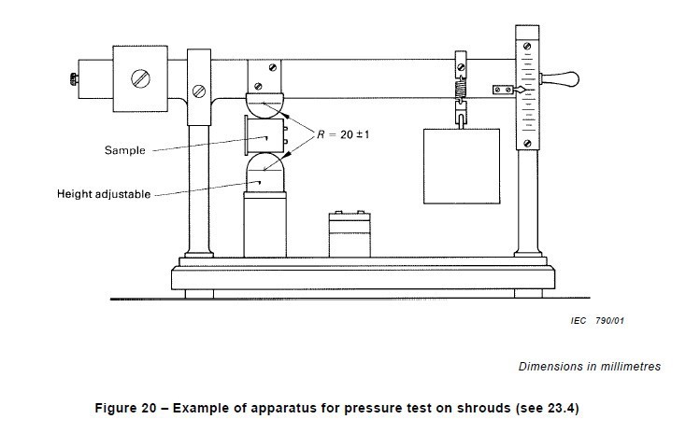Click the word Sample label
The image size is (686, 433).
[x=124, y=150]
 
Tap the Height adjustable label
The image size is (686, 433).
[x=104, y=194]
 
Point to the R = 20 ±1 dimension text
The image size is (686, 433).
[x=343, y=134]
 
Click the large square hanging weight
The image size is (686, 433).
[x=462, y=166]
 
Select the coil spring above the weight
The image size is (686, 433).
[x=461, y=91]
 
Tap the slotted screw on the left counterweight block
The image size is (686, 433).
[x=140, y=78]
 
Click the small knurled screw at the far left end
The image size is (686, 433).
[x=74, y=79]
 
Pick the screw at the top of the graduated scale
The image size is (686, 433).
[x=527, y=46]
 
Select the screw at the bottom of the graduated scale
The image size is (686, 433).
[x=527, y=143]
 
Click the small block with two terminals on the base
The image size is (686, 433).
[x=350, y=234]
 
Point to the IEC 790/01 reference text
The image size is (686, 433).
[x=597, y=321]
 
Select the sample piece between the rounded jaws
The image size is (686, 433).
[x=265, y=135]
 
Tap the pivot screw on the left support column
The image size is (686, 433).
[x=199, y=91]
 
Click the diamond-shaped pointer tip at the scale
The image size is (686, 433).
[x=521, y=90]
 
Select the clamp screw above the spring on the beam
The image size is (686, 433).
[x=461, y=67]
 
